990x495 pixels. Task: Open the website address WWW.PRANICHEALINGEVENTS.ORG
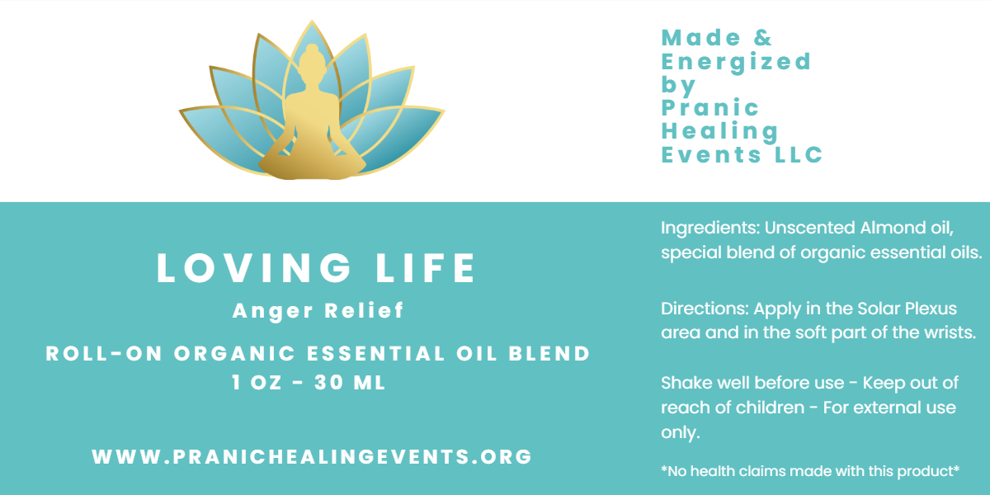(312, 456)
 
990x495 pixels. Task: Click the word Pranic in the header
(698, 108)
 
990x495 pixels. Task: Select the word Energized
(736, 62)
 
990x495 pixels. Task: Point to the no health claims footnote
(810, 472)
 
